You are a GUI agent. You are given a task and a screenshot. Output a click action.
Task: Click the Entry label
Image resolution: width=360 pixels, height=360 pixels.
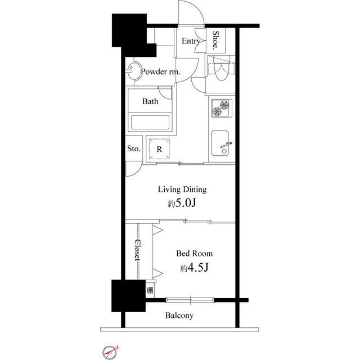(x=191, y=41)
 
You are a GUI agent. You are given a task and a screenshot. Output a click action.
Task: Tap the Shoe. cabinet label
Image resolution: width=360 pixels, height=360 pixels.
(x=215, y=40)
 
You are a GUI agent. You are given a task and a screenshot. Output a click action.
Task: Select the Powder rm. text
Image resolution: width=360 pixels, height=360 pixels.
(x=161, y=71)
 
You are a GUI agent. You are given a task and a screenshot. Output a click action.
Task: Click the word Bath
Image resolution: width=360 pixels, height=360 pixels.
(x=150, y=101)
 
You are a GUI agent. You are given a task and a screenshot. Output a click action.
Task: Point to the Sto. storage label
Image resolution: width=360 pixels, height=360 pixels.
(x=134, y=148)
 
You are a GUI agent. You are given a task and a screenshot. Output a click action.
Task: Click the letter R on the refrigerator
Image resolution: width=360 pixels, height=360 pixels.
(x=159, y=149)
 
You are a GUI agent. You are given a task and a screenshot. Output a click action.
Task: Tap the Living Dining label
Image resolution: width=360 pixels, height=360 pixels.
(x=182, y=189)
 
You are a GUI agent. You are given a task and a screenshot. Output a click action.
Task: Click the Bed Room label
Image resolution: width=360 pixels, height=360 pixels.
(x=194, y=254)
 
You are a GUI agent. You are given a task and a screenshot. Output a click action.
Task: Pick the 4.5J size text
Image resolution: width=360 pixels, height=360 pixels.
(x=198, y=268)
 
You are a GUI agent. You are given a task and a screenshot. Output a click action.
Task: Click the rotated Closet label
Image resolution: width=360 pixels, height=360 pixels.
(x=137, y=250)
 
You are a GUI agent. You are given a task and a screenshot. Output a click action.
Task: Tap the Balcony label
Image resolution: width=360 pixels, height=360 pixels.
(x=179, y=316)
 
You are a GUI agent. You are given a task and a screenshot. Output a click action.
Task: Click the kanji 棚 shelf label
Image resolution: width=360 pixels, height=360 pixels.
(x=150, y=290)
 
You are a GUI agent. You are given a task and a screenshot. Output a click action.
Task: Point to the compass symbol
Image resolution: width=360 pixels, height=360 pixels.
(x=110, y=352)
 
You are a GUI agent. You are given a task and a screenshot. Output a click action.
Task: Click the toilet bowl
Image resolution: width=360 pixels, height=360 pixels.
(x=221, y=69)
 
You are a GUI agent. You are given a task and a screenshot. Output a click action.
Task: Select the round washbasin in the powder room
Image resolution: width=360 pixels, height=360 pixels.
(x=134, y=71)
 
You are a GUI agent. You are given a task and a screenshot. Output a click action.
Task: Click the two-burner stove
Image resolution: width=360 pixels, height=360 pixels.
(x=222, y=108)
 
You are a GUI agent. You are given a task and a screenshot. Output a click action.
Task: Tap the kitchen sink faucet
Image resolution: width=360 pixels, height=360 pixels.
(x=226, y=145)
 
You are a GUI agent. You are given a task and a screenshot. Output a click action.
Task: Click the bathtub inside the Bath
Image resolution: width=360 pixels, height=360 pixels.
(x=150, y=123)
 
